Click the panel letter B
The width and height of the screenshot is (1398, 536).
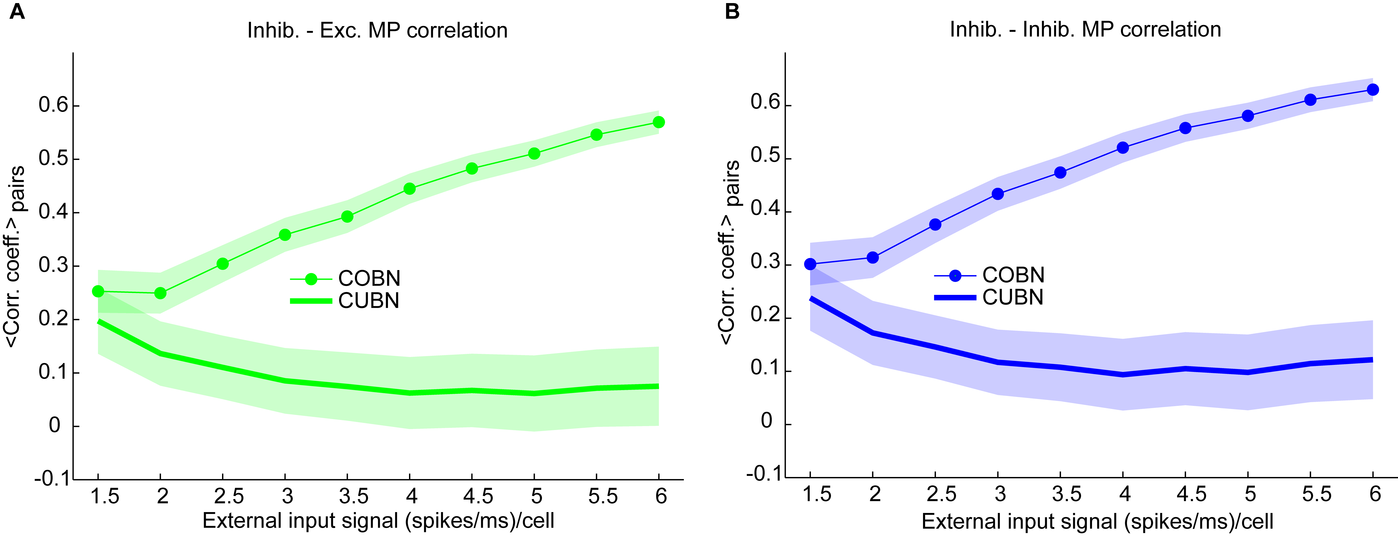point(732,11)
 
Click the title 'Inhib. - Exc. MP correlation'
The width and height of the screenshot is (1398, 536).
point(377,30)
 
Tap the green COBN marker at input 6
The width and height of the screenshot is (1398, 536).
point(658,122)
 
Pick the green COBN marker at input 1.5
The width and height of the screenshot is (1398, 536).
point(98,292)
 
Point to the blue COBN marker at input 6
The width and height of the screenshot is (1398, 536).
point(1373,90)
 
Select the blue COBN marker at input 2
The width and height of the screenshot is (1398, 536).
point(873,257)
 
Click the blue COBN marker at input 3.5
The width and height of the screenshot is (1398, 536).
point(1060,173)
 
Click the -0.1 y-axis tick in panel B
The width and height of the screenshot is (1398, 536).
point(764,473)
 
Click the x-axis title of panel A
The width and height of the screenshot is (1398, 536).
point(378,521)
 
